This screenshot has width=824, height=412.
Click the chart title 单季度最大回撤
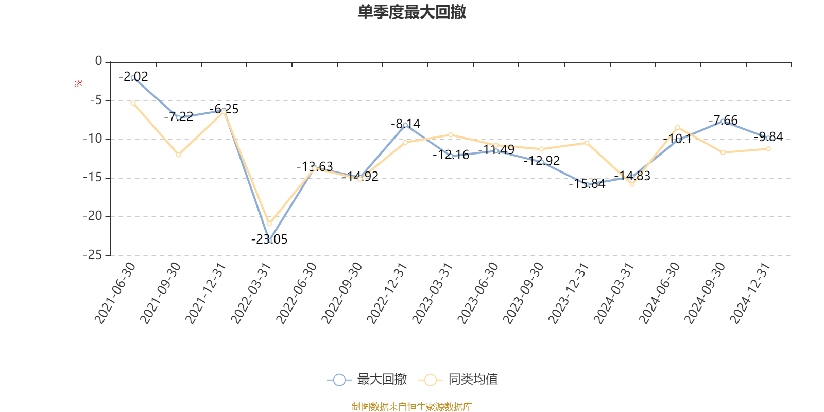click(x=411, y=12)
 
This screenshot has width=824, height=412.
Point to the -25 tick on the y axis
click(x=93, y=255)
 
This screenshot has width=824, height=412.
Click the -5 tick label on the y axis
click(x=95, y=100)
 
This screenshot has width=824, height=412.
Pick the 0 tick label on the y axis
click(x=99, y=61)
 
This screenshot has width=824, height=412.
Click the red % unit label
click(x=78, y=83)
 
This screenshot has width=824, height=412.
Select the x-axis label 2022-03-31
click(x=251, y=293)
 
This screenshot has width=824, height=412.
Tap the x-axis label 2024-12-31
click(x=750, y=293)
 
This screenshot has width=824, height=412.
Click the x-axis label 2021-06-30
click(x=115, y=293)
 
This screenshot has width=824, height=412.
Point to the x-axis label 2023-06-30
click(x=478, y=293)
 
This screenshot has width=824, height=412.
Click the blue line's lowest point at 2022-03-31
click(x=269, y=241)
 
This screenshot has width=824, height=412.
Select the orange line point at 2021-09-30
click(x=178, y=154)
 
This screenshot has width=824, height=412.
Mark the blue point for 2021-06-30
click(x=133, y=77)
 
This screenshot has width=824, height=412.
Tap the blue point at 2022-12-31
click(x=405, y=125)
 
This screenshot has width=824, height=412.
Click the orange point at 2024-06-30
click(x=677, y=127)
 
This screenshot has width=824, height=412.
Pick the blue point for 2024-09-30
click(x=723, y=121)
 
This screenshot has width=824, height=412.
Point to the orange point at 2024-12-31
click(x=768, y=149)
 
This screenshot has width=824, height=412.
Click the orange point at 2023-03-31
click(x=451, y=134)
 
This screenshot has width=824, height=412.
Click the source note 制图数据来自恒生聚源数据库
click(x=411, y=407)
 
